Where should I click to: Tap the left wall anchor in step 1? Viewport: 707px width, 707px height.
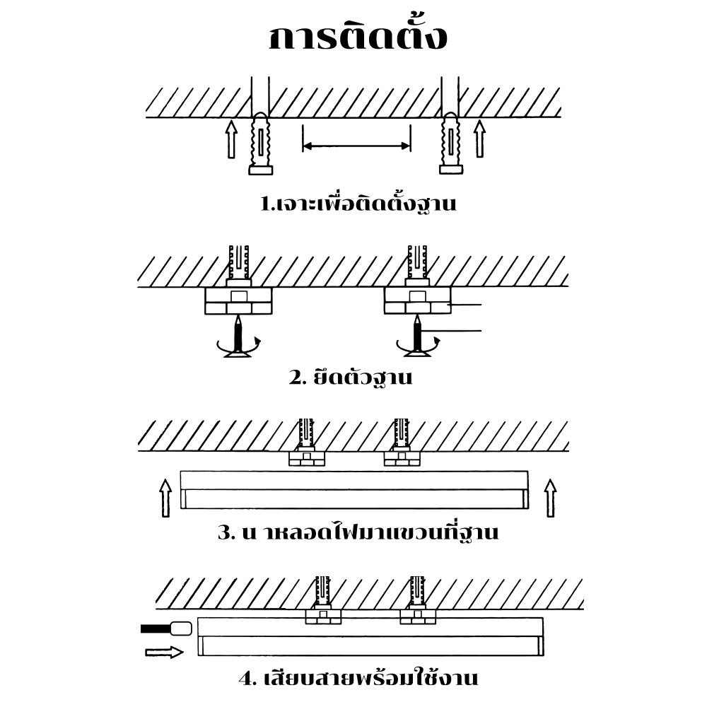(261, 145)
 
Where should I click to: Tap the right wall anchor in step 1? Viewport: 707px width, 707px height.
(450, 145)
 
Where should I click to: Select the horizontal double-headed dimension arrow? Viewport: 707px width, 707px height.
(356, 146)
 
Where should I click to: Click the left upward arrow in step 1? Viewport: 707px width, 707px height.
(230, 139)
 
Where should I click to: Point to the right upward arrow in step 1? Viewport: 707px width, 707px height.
(479, 139)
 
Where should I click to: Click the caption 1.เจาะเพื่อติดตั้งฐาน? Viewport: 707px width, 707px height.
(358, 205)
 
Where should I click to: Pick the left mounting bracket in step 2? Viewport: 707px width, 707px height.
(238, 300)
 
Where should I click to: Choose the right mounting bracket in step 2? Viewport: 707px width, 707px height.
(417, 300)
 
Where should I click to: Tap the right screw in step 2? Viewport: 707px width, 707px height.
(418, 336)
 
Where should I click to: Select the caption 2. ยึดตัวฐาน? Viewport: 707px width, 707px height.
(351, 377)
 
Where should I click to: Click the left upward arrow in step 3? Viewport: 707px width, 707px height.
(165, 498)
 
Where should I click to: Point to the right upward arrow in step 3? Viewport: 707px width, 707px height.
(550, 498)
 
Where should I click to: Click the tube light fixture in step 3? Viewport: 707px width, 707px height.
(353, 490)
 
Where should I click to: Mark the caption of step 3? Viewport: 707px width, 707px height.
(358, 532)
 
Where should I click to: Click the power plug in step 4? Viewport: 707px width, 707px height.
(180, 628)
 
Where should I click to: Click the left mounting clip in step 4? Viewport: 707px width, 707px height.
(323, 616)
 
